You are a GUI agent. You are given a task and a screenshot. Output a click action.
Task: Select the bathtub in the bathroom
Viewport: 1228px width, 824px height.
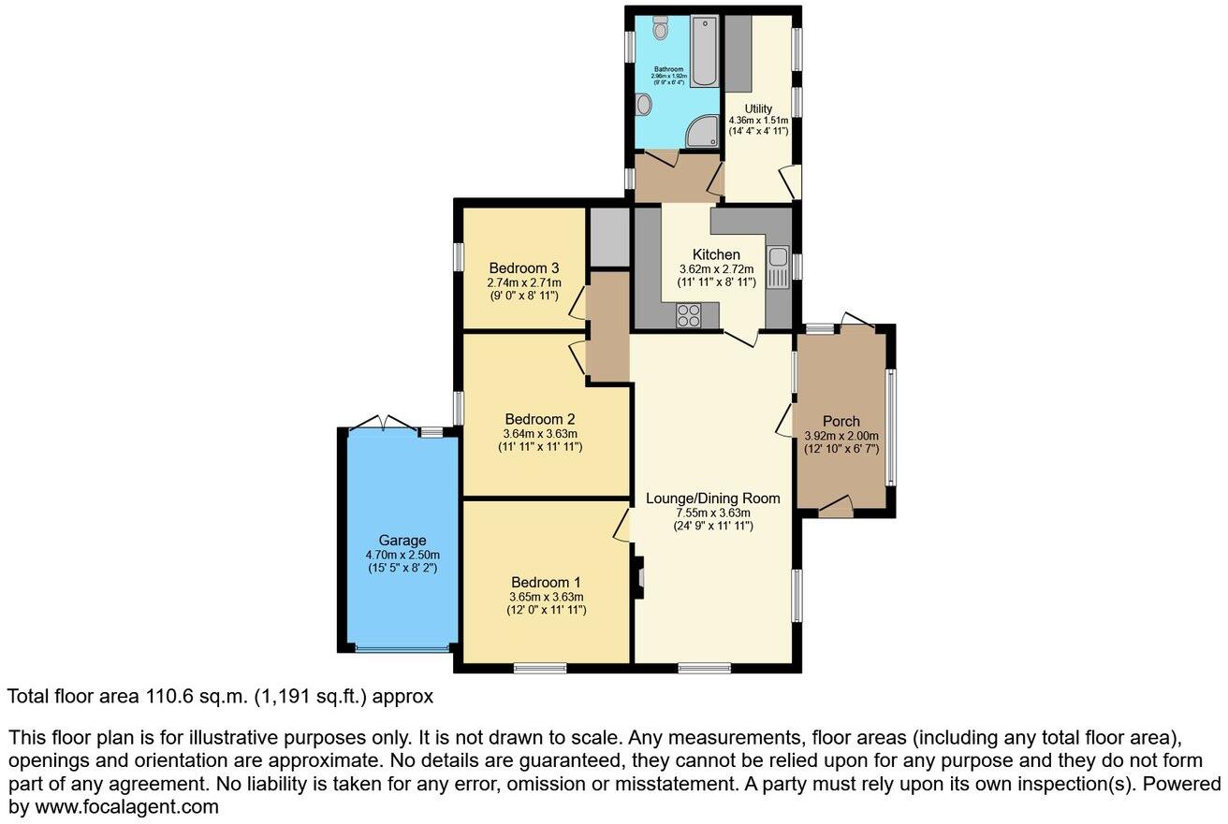coord(704,52)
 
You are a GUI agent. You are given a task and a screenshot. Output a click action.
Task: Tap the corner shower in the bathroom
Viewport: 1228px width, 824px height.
coord(702,135)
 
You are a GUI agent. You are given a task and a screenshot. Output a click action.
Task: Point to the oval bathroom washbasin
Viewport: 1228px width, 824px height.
coord(643,107)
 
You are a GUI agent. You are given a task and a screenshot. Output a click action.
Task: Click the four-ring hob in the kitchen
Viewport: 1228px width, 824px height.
coord(690,316)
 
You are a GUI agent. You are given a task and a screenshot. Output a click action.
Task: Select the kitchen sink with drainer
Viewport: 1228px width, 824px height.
coord(777,267)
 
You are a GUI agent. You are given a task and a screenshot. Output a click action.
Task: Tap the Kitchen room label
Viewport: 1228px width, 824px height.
coord(716,254)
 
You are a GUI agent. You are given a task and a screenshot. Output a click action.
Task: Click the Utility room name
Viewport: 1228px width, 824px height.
coord(758,109)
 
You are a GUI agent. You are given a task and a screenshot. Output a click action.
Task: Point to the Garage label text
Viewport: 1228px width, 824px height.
coord(402,540)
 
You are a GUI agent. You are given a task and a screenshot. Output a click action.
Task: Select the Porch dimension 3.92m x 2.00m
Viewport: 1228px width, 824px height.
coord(841,435)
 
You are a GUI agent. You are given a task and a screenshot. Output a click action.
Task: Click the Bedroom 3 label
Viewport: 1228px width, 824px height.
coord(523,268)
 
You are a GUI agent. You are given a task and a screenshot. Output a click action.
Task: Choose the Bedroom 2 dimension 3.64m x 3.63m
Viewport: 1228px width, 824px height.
coord(539,433)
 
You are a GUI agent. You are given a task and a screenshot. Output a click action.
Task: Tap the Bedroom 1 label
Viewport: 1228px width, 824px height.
coord(546,582)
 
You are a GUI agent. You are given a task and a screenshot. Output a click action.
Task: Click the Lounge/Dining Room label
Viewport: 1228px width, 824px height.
coord(713,498)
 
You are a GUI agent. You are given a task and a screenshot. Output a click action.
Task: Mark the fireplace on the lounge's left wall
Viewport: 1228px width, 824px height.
coord(638,578)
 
